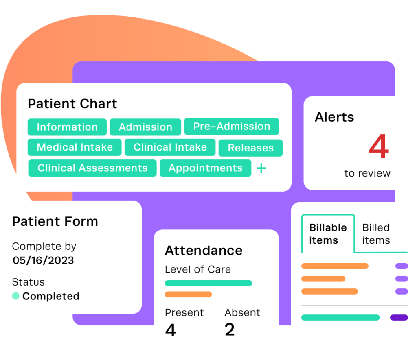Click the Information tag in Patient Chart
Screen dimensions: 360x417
67,127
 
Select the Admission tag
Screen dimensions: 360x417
145,127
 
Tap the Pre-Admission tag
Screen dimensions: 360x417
231,126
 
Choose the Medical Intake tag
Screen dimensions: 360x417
75,147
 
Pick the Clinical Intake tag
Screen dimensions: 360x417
170,147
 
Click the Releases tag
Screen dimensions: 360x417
250,148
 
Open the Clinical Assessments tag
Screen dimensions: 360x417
92,168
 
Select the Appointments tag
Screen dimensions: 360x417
205,168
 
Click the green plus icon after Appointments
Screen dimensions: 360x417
261,168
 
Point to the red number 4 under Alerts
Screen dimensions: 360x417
379,147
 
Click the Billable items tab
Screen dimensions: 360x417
328,234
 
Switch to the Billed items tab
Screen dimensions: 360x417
376,234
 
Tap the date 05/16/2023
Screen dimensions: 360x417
44,260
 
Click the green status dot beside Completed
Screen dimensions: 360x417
16,296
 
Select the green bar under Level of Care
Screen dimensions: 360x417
208,283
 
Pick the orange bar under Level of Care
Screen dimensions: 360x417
188,295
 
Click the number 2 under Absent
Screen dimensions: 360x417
230,330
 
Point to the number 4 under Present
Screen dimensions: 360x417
171,330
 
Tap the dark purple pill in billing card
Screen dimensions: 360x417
399,317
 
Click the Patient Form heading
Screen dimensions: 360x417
55,221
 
